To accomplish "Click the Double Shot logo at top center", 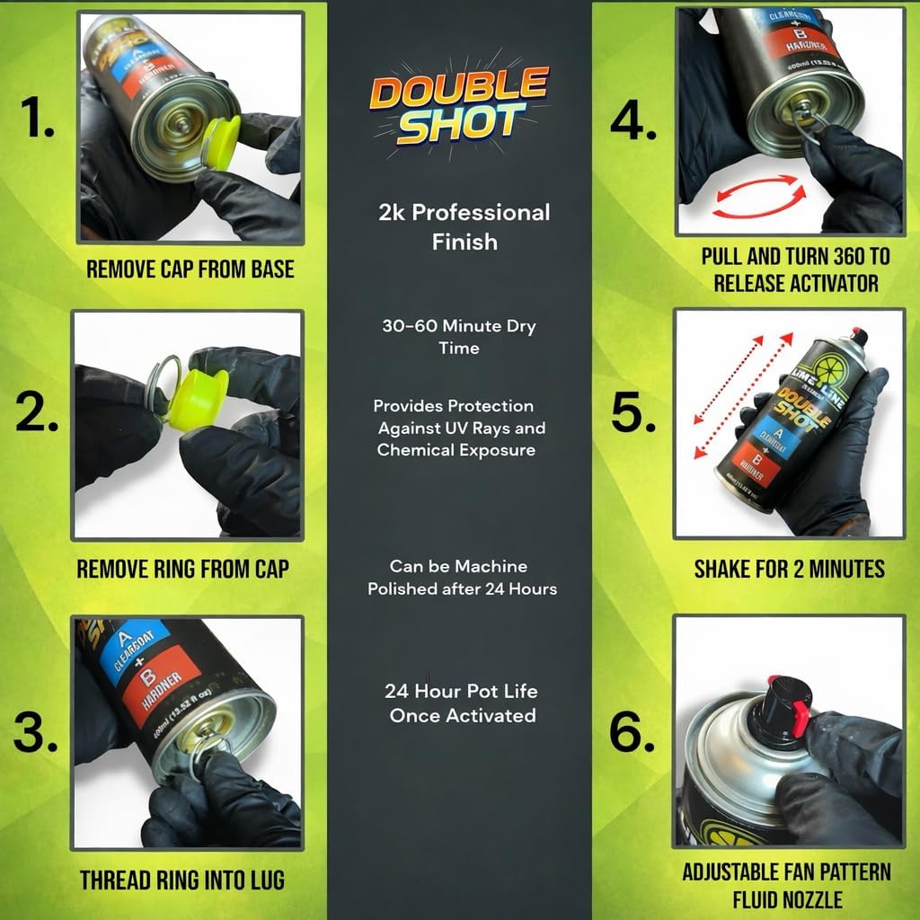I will [459, 109].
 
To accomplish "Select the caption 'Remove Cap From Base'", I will [190, 269].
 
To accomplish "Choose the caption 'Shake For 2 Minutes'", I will [789, 568].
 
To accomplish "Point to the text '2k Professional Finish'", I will [463, 226].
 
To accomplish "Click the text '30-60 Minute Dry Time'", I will [459, 336].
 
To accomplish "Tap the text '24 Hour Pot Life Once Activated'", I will [462, 703].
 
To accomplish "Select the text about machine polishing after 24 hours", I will [462, 578].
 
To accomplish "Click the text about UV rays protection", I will [460, 428].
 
